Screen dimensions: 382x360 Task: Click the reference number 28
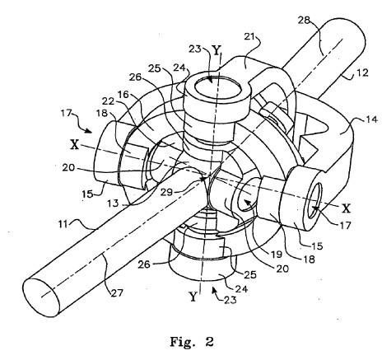coord(304,21)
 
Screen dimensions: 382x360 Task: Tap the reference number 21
coord(249,37)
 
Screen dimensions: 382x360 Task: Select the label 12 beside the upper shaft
coord(362,73)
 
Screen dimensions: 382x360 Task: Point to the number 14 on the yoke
coord(372,119)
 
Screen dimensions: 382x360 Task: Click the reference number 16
coord(123,95)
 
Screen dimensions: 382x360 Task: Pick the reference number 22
coord(108,101)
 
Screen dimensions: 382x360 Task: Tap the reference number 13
coord(113,203)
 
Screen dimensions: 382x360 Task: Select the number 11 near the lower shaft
coord(63,224)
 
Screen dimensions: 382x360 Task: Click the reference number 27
coord(117,293)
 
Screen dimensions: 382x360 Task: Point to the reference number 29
coord(166,192)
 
